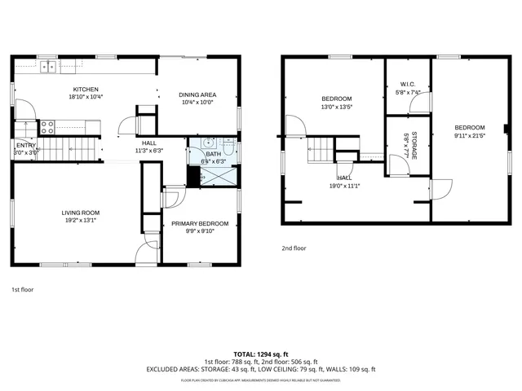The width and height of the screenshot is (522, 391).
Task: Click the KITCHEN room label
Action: pos(86,90)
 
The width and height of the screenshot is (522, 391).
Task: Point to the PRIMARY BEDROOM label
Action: pos(200,223)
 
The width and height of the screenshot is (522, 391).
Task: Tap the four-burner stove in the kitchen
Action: pos(47,127)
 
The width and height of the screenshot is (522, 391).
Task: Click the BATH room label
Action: pos(213,154)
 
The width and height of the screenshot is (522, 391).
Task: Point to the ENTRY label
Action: pos(26,145)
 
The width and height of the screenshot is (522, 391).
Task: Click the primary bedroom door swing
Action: pos(173,198)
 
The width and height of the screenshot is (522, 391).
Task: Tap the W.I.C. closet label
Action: pos(408,84)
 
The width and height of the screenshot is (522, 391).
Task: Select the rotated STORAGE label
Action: pos(414,144)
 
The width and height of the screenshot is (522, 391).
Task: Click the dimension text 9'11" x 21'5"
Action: pos(469,135)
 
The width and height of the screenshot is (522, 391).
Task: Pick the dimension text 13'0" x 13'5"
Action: pos(335,106)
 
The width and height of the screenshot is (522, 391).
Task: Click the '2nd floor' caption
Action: pos(294,248)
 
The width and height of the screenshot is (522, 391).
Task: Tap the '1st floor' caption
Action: pos(22,289)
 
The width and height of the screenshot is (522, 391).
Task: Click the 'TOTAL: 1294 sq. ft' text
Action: pos(261,354)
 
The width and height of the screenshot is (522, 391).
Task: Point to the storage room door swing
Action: pos(398,165)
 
